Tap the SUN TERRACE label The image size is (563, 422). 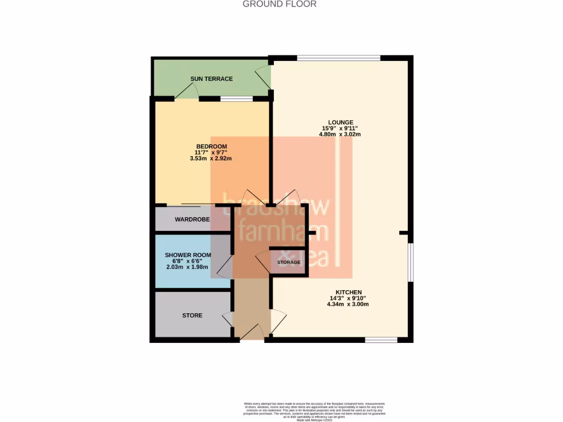[x=212, y=79]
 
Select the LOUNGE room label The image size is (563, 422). [x=340, y=123]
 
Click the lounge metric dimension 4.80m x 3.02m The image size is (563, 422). [x=341, y=134]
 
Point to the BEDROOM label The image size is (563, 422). [x=212, y=146]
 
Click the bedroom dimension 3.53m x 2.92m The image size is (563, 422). [x=212, y=158]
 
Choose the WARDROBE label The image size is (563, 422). [x=192, y=220]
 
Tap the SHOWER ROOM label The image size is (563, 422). [x=188, y=256]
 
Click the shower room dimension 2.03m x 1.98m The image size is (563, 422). [x=188, y=267]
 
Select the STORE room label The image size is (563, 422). [x=192, y=315]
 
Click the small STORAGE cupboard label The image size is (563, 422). [x=289, y=263]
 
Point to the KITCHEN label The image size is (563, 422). [x=349, y=292]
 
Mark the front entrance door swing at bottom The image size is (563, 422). [x=250, y=331]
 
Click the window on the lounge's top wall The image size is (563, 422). [x=339, y=57]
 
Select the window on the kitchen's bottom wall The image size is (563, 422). [x=382, y=340]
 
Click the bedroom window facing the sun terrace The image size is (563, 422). [x=236, y=99]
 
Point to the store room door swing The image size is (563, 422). [x=227, y=319]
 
